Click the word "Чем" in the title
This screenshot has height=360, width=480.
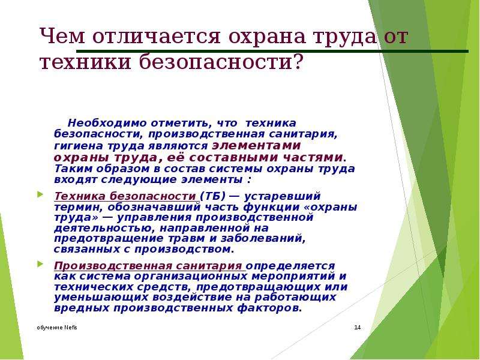coord(62,36)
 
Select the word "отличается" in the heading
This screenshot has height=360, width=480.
coord(156,36)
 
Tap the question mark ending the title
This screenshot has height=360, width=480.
coord(298,61)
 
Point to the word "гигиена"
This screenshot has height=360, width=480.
coord(79,146)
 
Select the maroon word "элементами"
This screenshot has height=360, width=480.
coord(256,145)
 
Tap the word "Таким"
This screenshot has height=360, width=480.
coord(73,169)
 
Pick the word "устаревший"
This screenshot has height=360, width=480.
coord(282,196)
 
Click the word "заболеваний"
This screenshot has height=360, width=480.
coord(263,238)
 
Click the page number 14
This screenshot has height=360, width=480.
coord(357,328)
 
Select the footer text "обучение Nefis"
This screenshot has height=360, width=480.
coord(57,328)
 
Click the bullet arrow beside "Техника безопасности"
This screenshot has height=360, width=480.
coord(40,194)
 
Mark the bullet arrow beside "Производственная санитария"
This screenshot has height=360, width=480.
coord(40,263)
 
